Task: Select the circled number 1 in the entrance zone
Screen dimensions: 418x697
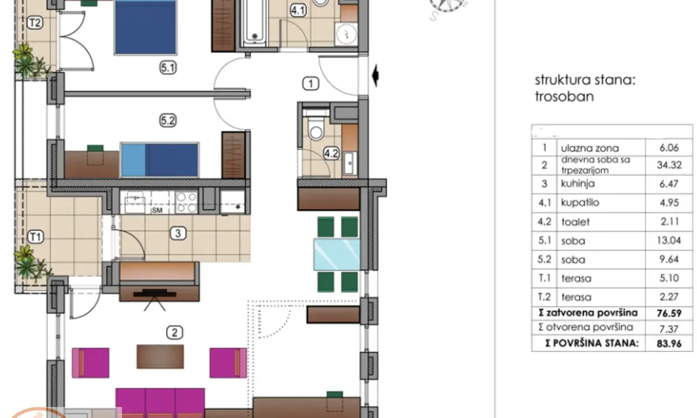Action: tap(311, 84)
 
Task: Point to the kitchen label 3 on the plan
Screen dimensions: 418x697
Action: tap(178, 234)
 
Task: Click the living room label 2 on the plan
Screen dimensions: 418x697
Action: tap(174, 333)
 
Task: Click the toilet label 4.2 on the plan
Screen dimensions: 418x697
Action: tap(330, 154)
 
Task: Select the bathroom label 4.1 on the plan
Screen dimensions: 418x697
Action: tap(298, 9)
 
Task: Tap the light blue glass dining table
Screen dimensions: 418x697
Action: tap(335, 254)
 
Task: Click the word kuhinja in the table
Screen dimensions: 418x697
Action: tap(578, 184)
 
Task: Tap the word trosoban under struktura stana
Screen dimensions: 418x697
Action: tap(564, 96)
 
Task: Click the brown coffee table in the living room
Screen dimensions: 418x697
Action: tap(160, 356)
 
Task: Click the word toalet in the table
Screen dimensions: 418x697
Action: tap(575, 221)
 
